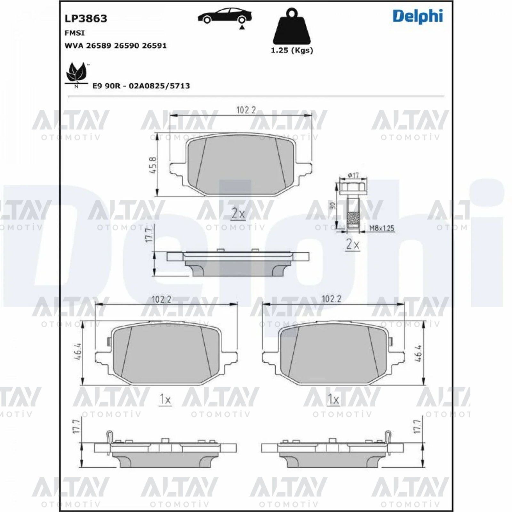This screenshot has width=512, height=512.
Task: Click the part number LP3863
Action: [86, 19]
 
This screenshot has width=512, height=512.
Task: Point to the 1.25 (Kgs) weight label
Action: [292, 50]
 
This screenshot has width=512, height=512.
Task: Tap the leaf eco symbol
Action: [76, 73]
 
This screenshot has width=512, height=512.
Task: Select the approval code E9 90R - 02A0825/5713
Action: [141, 86]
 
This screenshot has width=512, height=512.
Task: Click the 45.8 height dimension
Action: [153, 165]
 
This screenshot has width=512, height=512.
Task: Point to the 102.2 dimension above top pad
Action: [246, 110]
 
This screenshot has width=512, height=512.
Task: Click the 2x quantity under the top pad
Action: [238, 214]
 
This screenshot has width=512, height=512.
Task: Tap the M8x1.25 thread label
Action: [382, 228]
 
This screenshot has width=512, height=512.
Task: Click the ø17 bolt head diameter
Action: [353, 175]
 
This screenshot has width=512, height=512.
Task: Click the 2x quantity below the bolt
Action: [352, 245]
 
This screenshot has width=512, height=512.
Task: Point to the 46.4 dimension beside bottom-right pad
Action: [418, 353]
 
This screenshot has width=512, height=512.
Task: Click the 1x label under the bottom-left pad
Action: [165, 399]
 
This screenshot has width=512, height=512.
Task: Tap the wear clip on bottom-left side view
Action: [109, 437]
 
